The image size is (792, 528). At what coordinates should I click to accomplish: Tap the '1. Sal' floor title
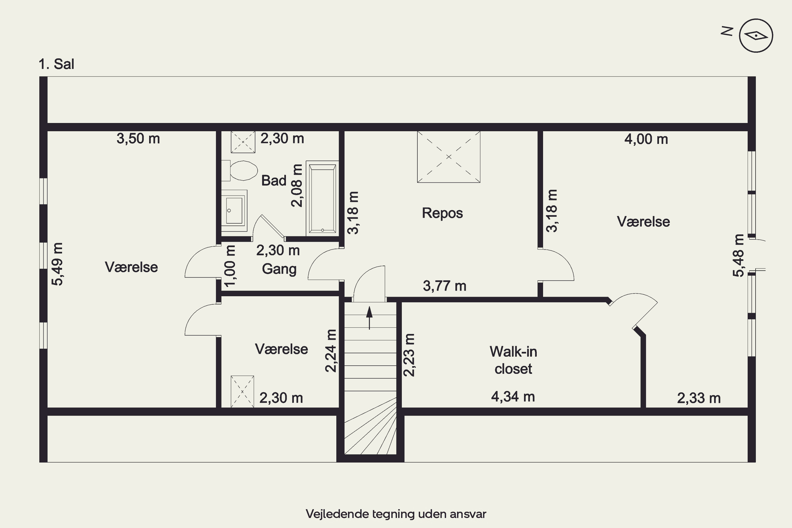pyautogui.click(x=56, y=64)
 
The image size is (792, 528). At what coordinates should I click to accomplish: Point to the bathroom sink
pyautogui.click(x=234, y=210)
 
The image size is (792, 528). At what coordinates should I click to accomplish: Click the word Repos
pyautogui.click(x=442, y=213)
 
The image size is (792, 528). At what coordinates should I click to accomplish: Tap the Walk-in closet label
pyautogui.click(x=513, y=360)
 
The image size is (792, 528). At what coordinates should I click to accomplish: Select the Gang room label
pyautogui.click(x=279, y=269)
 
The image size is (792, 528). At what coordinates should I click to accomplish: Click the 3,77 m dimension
pyautogui.click(x=445, y=286)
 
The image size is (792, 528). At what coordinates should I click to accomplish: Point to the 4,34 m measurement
pyautogui.click(x=513, y=397)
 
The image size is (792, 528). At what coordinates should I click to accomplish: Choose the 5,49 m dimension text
pyautogui.click(x=57, y=264)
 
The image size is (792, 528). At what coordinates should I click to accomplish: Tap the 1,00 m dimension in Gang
pyautogui.click(x=230, y=266)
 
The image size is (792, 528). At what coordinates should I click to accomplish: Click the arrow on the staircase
pyautogui.click(x=369, y=318)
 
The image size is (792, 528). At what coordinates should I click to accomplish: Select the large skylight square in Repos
pyautogui.click(x=449, y=157)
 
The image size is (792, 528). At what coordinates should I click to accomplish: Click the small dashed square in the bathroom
pyautogui.click(x=243, y=142)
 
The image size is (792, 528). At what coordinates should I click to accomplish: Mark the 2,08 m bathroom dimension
pyautogui.click(x=297, y=186)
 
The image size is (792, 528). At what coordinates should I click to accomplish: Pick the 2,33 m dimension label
pyautogui.click(x=699, y=398)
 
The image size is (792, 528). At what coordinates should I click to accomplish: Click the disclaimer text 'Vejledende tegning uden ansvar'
pyautogui.click(x=396, y=514)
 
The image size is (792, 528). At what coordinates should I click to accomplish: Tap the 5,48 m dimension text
pyautogui.click(x=738, y=255)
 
